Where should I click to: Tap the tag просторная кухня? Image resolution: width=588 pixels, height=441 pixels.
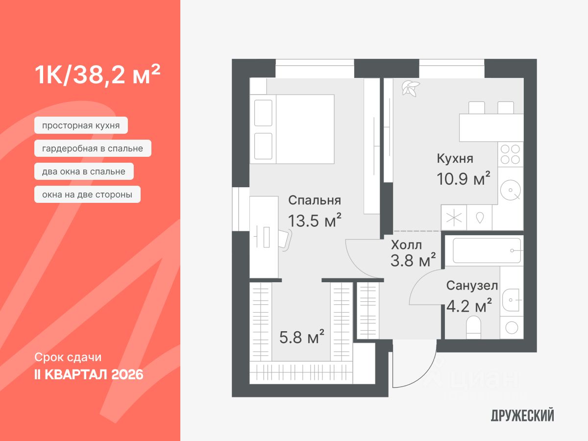(x=81, y=125)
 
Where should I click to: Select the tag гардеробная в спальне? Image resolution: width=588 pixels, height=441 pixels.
(x=93, y=148)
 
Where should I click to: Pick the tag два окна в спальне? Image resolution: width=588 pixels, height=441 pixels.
(x=84, y=171)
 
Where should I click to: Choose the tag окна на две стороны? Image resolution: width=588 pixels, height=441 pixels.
(x=87, y=195)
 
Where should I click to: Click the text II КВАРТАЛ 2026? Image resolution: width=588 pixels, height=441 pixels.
(x=89, y=375)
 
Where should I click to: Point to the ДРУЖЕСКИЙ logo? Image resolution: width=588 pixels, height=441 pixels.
(x=522, y=416)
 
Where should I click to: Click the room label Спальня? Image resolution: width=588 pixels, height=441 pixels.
(x=314, y=200)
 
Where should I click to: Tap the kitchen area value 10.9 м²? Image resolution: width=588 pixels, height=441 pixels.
(x=464, y=179)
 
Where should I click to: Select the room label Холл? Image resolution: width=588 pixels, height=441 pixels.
(x=406, y=245)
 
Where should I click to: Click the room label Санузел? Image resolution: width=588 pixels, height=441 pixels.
(x=472, y=286)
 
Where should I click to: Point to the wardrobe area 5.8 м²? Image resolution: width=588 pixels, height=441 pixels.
(x=302, y=337)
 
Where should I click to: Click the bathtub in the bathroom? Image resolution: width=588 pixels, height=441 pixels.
(x=487, y=250)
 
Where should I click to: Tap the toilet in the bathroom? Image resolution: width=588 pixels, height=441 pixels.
(x=474, y=327)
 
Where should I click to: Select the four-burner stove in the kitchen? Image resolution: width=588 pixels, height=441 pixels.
(x=510, y=154)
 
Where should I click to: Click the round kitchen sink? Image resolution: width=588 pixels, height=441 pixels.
(x=511, y=190)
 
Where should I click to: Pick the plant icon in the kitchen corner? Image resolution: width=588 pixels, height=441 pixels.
(x=410, y=88)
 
